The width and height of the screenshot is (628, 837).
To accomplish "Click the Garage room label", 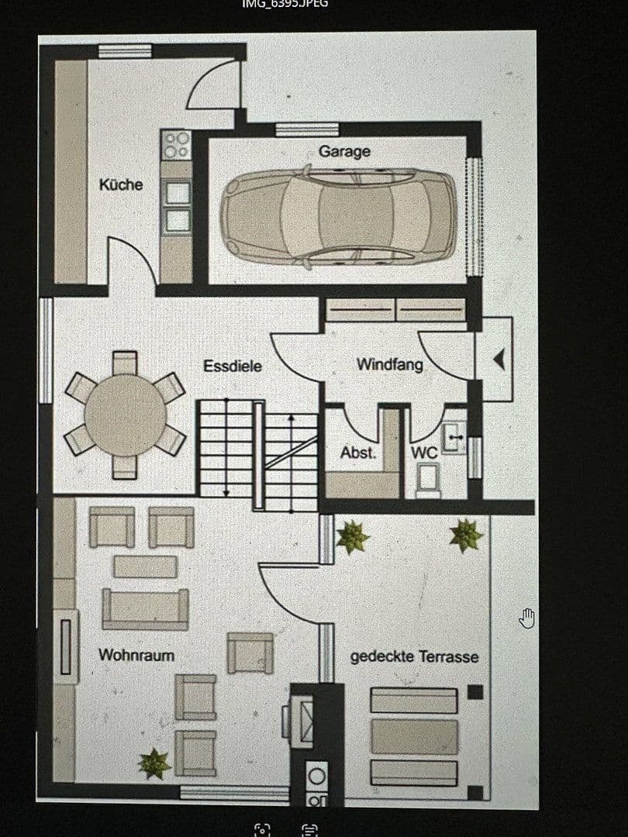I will pyautogui.click(x=344, y=152).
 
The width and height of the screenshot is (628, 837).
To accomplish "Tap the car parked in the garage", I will pyautogui.click(x=337, y=218).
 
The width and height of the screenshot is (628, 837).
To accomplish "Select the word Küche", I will pyautogui.click(x=121, y=184).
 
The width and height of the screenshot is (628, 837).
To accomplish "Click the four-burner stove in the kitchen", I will pyautogui.click(x=176, y=145).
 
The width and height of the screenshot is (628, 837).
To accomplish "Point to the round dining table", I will pyautogui.click(x=125, y=415).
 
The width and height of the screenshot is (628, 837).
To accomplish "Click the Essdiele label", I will pyautogui.click(x=233, y=366).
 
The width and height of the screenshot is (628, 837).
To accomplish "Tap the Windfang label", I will pyautogui.click(x=389, y=363).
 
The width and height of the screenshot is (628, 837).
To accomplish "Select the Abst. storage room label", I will pyautogui.click(x=358, y=453).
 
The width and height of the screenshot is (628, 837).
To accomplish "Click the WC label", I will pyautogui.click(x=424, y=453).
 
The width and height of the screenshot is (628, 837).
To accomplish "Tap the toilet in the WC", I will pyautogui.click(x=427, y=479).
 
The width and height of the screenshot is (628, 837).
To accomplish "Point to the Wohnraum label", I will pyautogui.click(x=136, y=655).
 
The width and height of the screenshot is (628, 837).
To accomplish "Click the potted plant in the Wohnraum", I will pyautogui.click(x=154, y=763).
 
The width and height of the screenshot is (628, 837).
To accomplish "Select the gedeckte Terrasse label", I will pyautogui.click(x=414, y=656).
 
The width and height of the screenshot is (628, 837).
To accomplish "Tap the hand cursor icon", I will pyautogui.click(x=527, y=618).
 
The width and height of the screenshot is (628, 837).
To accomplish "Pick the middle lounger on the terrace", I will pyautogui.click(x=414, y=736).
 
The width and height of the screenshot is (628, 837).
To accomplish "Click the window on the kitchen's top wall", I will pyautogui.click(x=124, y=51).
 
